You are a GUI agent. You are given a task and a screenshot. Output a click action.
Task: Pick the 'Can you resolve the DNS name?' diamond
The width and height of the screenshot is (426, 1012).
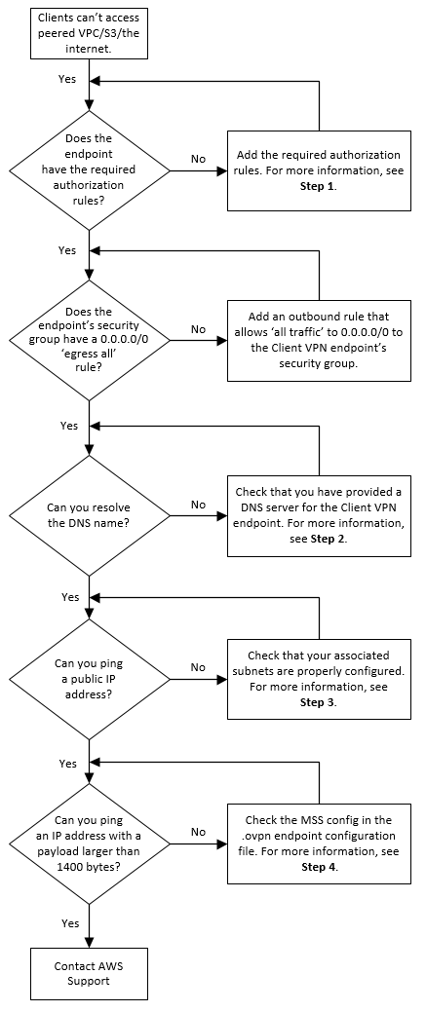tap(89, 515)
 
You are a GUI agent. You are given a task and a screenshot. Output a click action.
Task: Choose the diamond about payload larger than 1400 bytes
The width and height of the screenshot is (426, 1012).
tap(89, 843)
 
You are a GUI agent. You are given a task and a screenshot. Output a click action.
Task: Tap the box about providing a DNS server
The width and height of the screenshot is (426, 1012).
tap(320, 515)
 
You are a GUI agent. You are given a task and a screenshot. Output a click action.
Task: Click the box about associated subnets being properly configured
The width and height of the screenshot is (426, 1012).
tap(320, 679)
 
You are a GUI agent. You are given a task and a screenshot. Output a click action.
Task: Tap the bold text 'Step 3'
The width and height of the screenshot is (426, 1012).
tap(318, 702)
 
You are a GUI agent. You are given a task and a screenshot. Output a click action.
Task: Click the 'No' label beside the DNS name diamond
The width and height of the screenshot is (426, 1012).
tap(199, 505)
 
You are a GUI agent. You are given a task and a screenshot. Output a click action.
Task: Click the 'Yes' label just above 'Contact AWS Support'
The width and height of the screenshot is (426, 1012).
tap(70, 921)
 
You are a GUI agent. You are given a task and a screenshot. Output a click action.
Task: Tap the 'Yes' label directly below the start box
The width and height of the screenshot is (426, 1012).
tap(68, 78)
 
